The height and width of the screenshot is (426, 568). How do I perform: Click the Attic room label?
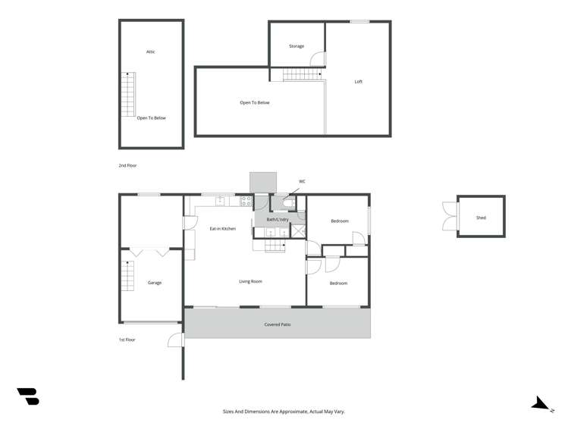click(151, 52)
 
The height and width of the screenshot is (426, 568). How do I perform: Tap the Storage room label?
click(297, 46)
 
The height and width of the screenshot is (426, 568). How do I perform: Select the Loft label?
click(359, 82)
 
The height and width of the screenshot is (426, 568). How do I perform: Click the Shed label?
click(481, 218)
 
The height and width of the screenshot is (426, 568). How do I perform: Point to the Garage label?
click(155, 283)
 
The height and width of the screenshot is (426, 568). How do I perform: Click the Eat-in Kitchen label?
click(222, 228)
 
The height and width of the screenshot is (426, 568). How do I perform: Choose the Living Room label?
click(250, 281)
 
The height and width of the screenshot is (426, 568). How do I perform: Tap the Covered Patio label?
click(278, 324)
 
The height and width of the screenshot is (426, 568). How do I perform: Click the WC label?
click(302, 181)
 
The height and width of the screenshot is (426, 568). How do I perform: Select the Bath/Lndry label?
click(277, 219)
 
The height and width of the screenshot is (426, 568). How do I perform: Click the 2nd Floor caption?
click(127, 165)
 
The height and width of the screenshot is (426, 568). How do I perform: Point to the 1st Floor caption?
click(127, 340)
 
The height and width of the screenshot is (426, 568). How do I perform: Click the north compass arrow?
click(541, 404)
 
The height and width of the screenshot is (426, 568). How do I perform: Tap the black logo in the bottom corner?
click(28, 396)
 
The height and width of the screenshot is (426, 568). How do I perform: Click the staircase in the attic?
click(127, 94)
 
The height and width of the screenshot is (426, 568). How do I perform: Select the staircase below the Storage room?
click(302, 74)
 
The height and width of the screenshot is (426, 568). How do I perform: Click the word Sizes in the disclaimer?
click(228, 411)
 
